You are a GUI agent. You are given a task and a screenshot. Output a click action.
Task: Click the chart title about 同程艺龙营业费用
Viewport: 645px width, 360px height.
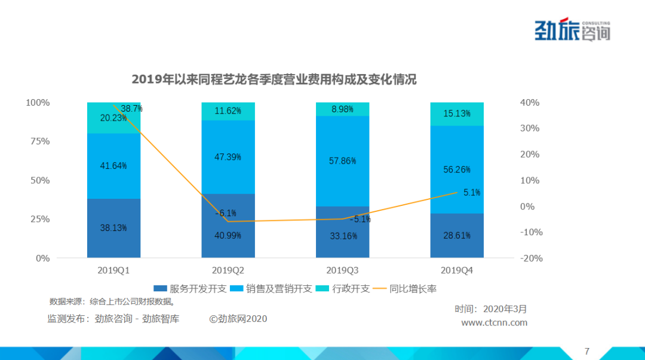[274, 80]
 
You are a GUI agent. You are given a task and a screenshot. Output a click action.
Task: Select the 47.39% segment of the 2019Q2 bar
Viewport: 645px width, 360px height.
[228, 157]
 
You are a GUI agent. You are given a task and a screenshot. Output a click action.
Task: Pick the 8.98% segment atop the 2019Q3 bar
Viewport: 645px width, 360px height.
[343, 109]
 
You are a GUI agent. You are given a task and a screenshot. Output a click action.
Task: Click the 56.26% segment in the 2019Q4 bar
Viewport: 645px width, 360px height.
[457, 169]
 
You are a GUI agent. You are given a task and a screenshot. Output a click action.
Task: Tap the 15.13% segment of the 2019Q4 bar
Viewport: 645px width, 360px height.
[457, 114]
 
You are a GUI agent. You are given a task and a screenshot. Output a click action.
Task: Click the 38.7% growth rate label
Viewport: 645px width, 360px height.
[131, 109]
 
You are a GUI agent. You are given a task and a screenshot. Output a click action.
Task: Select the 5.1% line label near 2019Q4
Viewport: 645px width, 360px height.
[472, 192]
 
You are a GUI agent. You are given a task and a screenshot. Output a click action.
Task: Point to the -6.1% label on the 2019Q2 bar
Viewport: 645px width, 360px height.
[226, 213]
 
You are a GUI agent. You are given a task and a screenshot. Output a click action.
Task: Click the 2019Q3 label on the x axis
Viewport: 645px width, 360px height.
[343, 270]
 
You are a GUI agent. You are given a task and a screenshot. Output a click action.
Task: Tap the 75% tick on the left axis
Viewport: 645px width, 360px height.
[39, 141]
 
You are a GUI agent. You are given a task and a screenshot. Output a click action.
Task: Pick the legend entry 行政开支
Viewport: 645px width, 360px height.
[346, 289]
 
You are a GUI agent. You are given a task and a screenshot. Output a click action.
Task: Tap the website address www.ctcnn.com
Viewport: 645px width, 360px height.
[494, 322]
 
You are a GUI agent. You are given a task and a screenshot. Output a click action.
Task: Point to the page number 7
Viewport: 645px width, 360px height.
[586, 350]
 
